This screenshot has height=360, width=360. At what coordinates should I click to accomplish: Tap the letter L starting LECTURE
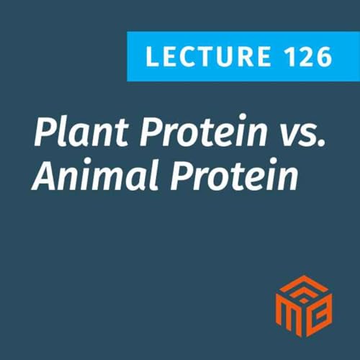click(150, 56)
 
